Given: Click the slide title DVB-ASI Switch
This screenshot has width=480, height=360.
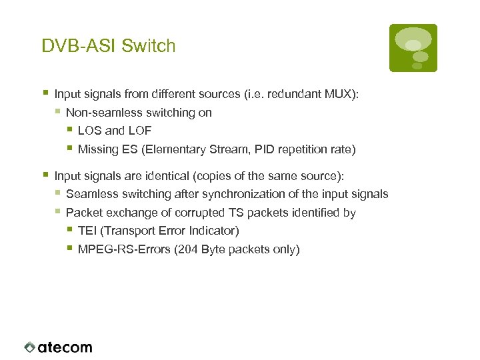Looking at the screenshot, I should click(x=108, y=46).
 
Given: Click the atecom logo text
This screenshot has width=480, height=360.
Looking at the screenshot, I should click(x=65, y=347).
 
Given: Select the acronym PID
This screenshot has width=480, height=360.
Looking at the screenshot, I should click(x=259, y=149).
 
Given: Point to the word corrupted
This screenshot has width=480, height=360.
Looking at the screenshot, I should click(x=193, y=213).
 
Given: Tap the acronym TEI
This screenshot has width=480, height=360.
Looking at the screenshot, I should click(x=87, y=231).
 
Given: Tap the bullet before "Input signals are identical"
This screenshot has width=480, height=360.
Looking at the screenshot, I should click(x=45, y=175).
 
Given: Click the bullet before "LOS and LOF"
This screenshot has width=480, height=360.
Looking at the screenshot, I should click(x=69, y=130).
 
